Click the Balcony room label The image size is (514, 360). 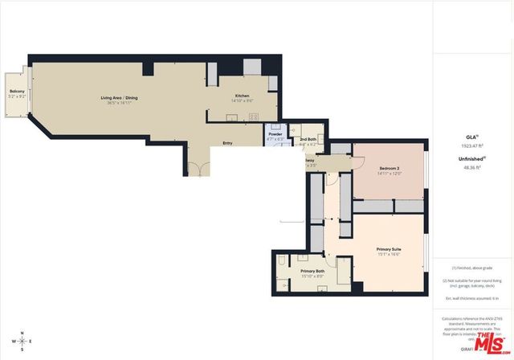pos(17,92)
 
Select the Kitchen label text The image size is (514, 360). pos(231,95)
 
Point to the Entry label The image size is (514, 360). pos(228,143)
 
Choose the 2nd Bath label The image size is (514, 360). pos(308,140)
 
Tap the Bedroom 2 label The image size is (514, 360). pos(390,167)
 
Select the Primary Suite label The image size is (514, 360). pos(389,249)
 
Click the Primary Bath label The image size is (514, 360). pos(312,271)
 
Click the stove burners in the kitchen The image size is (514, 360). pos(252,117)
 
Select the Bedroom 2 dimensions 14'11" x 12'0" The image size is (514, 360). pos(390,174)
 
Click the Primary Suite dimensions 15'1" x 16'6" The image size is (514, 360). pos(389,255)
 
